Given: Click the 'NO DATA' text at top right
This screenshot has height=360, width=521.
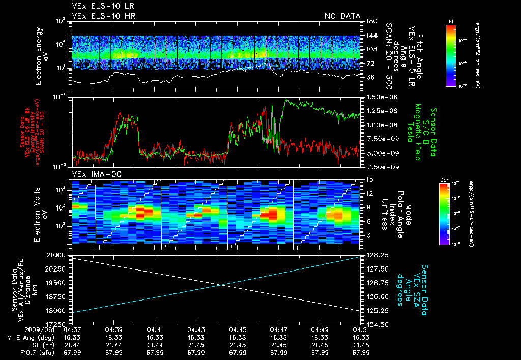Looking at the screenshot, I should coord(342,16).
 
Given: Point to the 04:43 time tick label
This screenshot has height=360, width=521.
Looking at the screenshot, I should coord(196,329).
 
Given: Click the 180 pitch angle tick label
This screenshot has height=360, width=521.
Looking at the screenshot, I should coord(370,21).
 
